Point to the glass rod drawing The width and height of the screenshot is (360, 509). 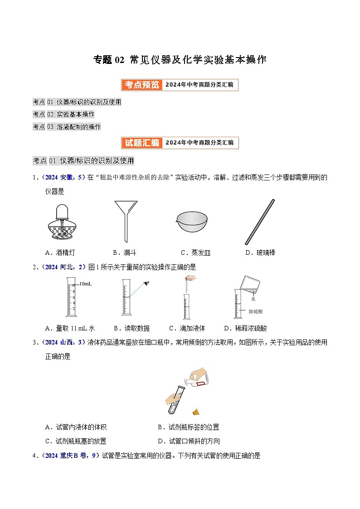pos(260,222)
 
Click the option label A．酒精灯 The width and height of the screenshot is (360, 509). pos(60,253)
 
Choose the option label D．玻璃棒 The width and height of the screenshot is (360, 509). pos(260,253)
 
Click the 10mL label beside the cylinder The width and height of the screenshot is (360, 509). pos(86,284)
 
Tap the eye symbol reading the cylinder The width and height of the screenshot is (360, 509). pos(147,283)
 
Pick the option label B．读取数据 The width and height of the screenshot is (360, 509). pos(131,328)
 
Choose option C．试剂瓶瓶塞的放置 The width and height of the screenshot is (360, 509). pos(76,441)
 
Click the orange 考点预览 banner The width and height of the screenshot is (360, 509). pos(141,85)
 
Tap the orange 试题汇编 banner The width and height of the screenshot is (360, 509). pos(141,143)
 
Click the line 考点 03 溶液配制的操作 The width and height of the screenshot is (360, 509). pos(67,127)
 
